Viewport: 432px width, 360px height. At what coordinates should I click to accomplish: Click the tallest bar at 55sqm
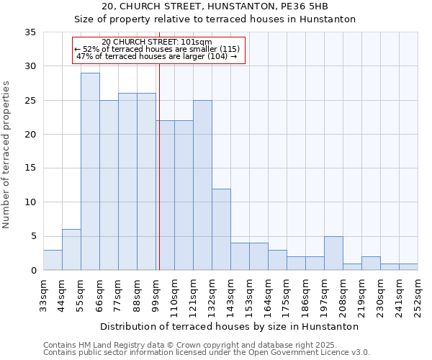[90, 171]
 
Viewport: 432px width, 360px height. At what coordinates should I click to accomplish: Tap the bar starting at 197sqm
[333, 253]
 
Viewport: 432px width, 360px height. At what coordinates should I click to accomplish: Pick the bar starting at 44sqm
[71, 249]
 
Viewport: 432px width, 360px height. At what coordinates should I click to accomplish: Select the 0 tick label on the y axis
[33, 271]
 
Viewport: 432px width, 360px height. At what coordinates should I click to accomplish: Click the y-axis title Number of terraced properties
[6, 154]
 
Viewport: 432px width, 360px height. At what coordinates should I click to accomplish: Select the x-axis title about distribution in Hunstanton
[230, 326]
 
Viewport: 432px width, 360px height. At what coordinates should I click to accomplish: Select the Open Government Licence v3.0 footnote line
[206, 352]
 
